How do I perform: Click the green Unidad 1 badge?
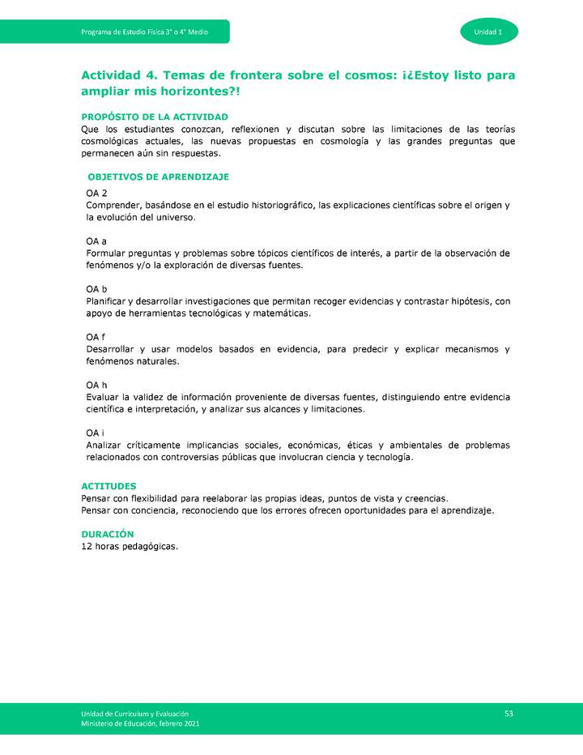pos(489,32)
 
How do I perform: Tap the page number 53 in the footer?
pos(509,713)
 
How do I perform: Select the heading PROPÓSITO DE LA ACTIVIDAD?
pos(155,117)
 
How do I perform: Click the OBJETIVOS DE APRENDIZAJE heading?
pos(158,177)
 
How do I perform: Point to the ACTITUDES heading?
pos(109,486)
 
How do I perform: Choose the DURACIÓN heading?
pos(107,534)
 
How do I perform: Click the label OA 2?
pos(96,194)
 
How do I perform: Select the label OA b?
pos(96,289)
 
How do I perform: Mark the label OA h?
pos(96,385)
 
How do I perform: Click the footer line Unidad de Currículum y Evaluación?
pos(134,712)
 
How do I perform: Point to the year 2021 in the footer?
pos(189,723)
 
